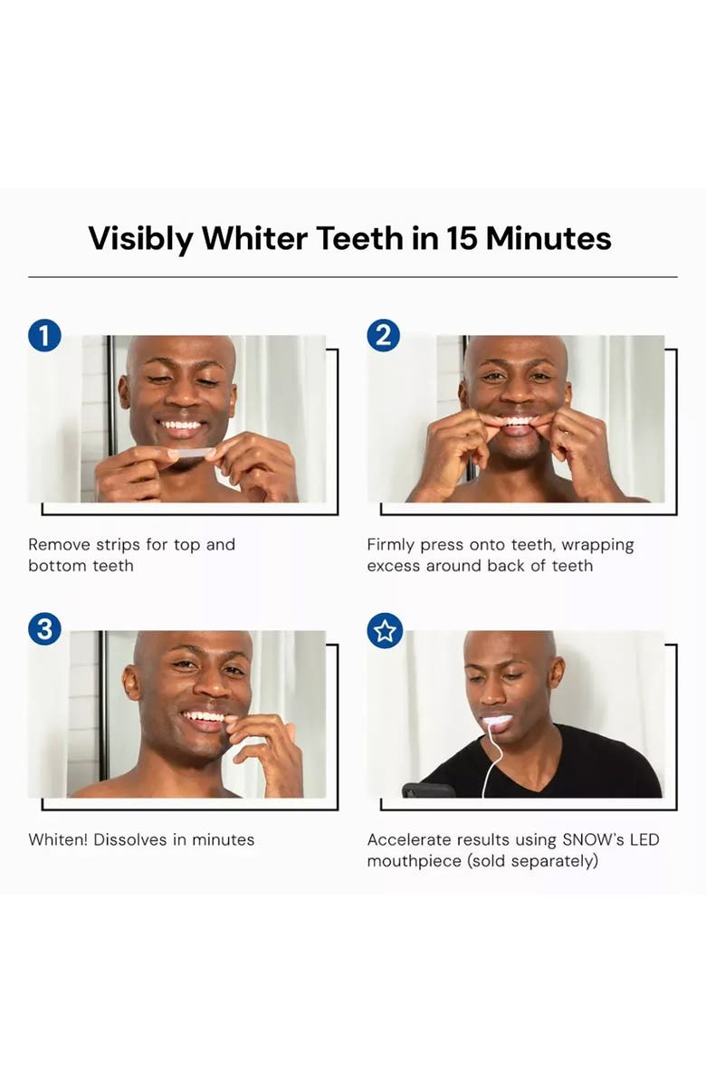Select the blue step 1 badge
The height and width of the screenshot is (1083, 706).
coord(44,336)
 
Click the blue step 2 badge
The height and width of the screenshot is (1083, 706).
coord(384,336)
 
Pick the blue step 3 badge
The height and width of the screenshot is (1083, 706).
coord(44,629)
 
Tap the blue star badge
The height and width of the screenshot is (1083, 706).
coord(384,630)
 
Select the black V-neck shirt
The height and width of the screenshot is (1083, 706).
coord(579,770)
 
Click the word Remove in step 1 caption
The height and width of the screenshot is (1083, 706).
coord(60,544)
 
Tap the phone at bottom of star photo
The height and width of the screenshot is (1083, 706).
coord(427,791)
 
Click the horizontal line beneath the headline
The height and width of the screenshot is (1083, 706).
coord(352,277)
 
